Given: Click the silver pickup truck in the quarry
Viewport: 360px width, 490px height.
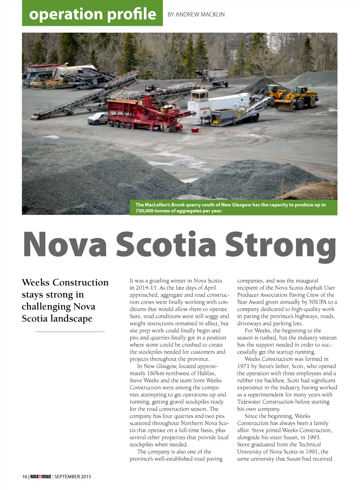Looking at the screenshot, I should click(97, 118).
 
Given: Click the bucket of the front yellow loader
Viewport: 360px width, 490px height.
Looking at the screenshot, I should click(283, 105).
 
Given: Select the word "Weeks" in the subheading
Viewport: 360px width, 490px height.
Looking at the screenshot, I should click(36, 283).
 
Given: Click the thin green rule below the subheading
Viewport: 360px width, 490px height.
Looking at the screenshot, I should click(70, 331).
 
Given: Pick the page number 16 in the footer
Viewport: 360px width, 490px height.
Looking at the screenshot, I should click(24, 477).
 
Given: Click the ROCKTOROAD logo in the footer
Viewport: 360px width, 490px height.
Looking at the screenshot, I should click(40, 477).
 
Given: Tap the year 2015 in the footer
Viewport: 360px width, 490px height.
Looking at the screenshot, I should click(86, 477).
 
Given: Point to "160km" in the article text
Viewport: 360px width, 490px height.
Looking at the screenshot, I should click(156, 373).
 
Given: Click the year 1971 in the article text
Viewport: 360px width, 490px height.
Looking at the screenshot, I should click(243, 366).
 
